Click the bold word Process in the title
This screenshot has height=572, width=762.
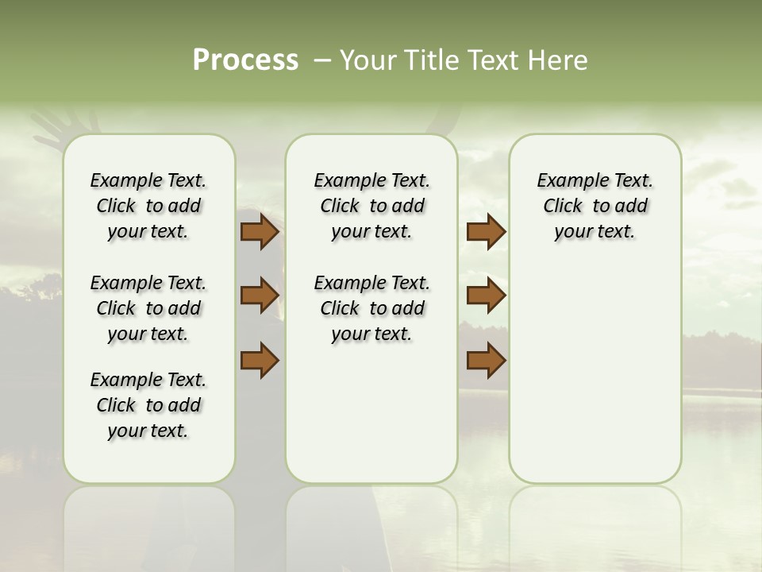pos(245,60)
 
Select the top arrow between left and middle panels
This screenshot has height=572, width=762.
pos(260,231)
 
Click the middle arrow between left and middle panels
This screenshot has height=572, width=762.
pos(260,295)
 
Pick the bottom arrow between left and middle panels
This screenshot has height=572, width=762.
pos(260,360)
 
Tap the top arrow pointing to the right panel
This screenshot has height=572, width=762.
pos(486,231)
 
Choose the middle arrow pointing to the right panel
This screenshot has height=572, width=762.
pos(486,295)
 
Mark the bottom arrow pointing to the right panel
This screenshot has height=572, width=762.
pos(486,360)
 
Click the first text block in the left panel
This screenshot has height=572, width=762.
pos(148,206)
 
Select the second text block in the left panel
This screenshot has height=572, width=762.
pos(148,308)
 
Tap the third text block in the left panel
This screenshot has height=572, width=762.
pos(148,405)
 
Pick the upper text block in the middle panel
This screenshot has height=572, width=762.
pos(371,206)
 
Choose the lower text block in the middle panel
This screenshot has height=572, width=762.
pos(371,308)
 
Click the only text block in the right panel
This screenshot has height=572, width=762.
pos(595,206)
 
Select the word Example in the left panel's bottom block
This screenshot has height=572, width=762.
pos(122,380)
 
